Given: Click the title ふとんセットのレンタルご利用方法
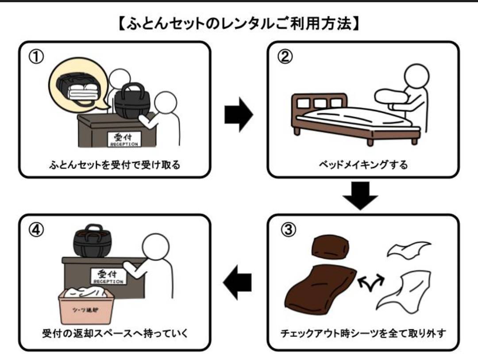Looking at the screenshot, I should coord(239,23).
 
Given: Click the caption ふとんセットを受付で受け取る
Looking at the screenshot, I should coord(115,165).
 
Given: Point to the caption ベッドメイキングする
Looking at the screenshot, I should coord(363,165).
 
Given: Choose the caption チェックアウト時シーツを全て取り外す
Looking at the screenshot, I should coord(363,333).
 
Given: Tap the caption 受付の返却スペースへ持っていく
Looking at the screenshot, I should coord(115,333).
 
